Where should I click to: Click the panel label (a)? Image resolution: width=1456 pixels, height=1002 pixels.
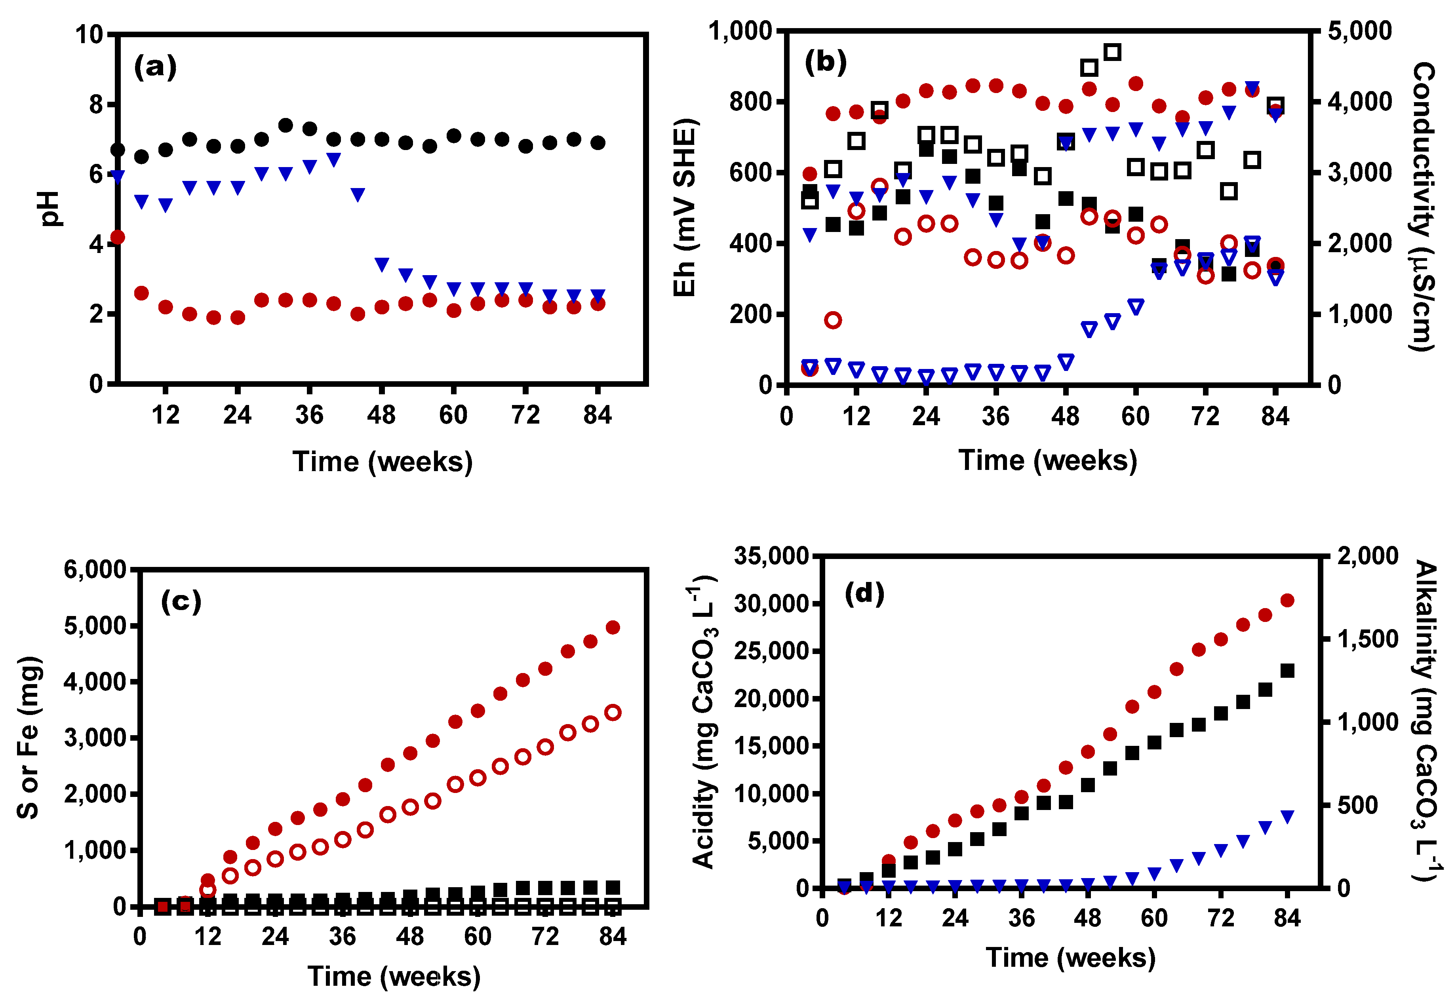point(155,67)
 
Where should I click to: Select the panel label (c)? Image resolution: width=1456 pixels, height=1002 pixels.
point(181,601)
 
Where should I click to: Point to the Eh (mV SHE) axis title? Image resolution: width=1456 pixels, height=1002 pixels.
point(685,207)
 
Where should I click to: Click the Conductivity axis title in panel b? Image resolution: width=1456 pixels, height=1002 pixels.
point(1423,207)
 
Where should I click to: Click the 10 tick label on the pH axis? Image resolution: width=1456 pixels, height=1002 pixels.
point(89,34)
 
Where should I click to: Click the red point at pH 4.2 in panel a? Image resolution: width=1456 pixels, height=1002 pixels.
point(118,237)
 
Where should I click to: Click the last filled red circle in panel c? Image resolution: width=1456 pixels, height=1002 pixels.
point(613,627)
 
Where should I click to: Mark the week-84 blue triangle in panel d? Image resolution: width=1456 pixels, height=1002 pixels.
point(1287,817)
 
